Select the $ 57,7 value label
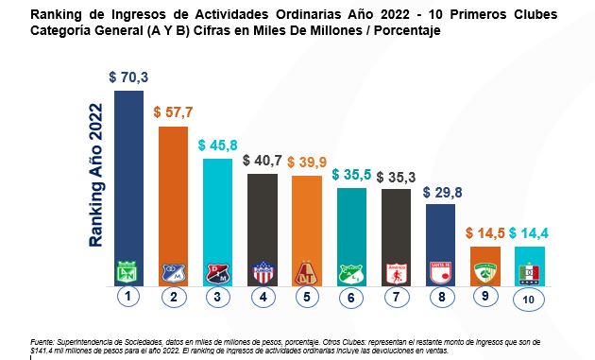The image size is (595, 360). click(173, 111)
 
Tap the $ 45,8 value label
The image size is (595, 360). click(217, 146)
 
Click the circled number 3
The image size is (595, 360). click(216, 297)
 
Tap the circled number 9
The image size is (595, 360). click(484, 297)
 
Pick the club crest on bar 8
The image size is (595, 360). click(440, 272)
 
